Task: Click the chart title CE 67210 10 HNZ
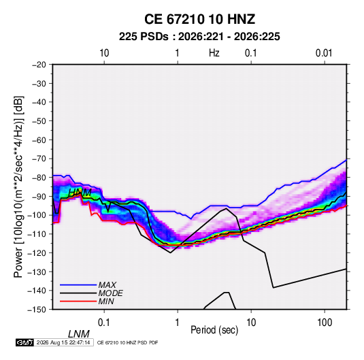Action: pyautogui.click(x=199, y=19)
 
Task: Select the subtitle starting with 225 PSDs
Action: pyautogui.click(x=199, y=37)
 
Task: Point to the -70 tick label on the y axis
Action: pyautogui.click(x=39, y=159)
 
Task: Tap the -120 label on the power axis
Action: pyautogui.click(x=37, y=252)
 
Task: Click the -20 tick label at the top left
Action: pyautogui.click(x=39, y=65)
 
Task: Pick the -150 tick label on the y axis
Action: pyautogui.click(x=37, y=310)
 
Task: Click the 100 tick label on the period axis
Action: pyautogui.click(x=325, y=323)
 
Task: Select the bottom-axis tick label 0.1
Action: pyautogui.click(x=104, y=323)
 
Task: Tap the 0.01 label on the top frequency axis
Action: pyautogui.click(x=324, y=53)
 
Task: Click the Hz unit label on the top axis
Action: pyautogui.click(x=214, y=53)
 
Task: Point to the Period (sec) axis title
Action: pyautogui.click(x=214, y=330)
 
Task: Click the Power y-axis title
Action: pyautogui.click(x=18, y=187)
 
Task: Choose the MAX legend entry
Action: pyautogui.click(x=107, y=284)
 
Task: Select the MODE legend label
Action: pyautogui.click(x=110, y=293)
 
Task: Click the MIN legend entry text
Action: pyautogui.click(x=106, y=301)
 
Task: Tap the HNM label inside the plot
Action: pyautogui.click(x=80, y=193)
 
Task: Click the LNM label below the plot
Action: pyautogui.click(x=78, y=334)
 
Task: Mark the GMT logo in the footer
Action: pyautogui.click(x=24, y=342)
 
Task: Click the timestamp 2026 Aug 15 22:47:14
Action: pyautogui.click(x=63, y=342)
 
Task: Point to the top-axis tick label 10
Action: pyautogui.click(x=104, y=53)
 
